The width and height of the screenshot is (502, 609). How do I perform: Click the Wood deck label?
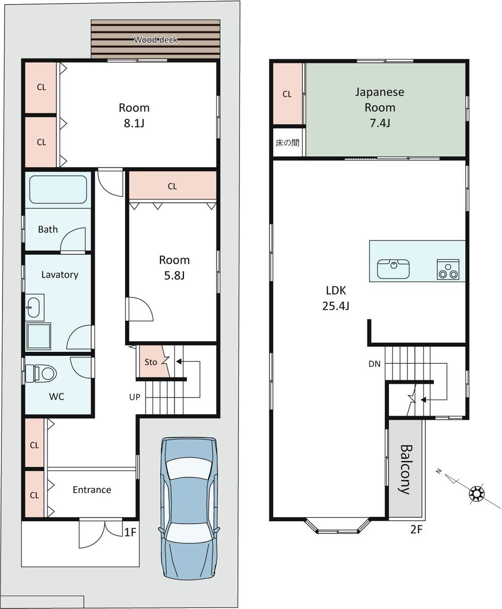pos(156,40)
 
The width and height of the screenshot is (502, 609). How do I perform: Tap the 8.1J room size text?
pos(134,123)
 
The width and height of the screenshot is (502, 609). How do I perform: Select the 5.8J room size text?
pos(174,276)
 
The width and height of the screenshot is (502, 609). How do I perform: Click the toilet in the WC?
pos(41,373)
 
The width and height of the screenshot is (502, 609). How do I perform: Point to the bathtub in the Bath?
pos(58,189)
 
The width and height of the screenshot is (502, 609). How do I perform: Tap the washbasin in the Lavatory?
pos(34,307)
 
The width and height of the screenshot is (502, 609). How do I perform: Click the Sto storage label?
pos(151,362)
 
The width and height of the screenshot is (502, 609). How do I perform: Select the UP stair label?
pos(135,397)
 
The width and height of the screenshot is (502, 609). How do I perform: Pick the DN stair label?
pos(374,364)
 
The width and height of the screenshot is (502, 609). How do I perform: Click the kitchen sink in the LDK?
pos(393,269)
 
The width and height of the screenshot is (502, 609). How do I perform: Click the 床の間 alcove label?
pos(287,143)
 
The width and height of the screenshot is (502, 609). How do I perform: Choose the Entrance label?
pos(92,490)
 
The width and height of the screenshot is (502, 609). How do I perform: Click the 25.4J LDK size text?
pos(336,306)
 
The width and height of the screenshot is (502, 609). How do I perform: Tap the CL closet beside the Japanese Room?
pos(287,94)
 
